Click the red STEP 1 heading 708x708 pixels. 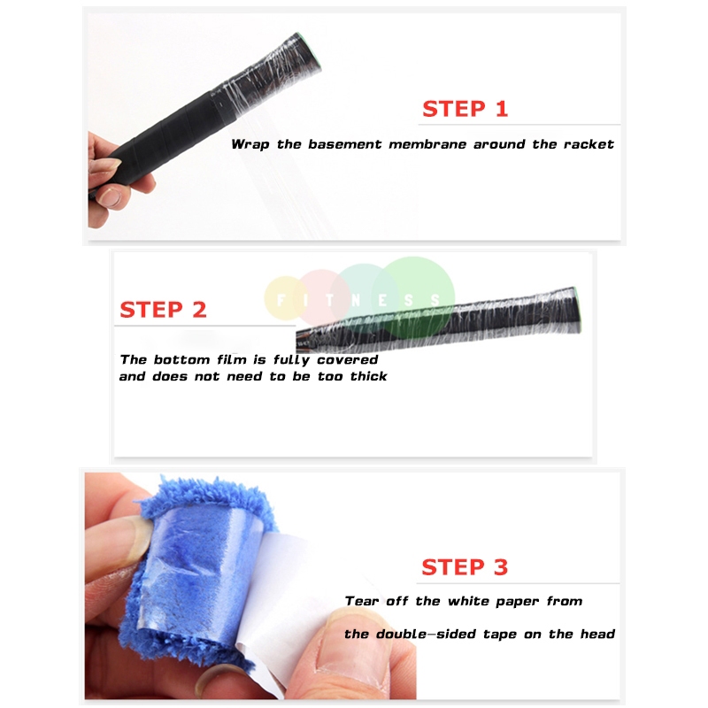pyautogui.click(x=465, y=109)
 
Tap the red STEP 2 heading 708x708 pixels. pyautogui.click(x=163, y=310)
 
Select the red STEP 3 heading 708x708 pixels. pyautogui.click(x=465, y=567)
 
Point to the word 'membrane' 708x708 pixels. pyautogui.click(x=427, y=144)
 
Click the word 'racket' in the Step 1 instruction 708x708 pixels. pyautogui.click(x=589, y=144)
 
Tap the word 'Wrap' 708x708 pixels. pyautogui.click(x=250, y=144)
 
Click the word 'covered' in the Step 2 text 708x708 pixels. pyautogui.click(x=347, y=360)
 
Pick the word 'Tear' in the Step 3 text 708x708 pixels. pyautogui.click(x=362, y=601)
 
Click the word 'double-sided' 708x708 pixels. pyautogui.click(x=423, y=634)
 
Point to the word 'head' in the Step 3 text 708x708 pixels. pyautogui.click(x=597, y=634)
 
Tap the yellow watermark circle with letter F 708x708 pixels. pyautogui.click(x=283, y=298)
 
